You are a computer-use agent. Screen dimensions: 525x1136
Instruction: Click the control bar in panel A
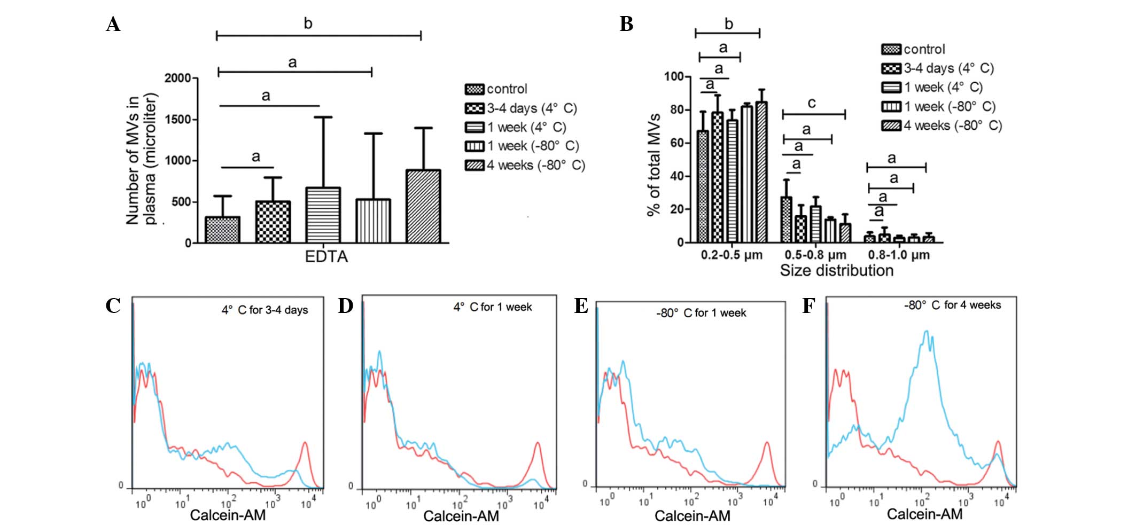tap(222, 230)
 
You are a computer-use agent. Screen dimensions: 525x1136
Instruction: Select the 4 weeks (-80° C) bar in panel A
tap(423, 207)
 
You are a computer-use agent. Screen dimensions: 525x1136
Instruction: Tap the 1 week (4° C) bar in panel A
tap(323, 215)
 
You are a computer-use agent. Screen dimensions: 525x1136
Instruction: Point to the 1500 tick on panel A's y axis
tap(177, 119)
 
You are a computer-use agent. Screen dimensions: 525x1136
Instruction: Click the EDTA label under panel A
tap(326, 257)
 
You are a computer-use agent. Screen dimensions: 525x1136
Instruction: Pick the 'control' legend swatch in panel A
tap(474, 89)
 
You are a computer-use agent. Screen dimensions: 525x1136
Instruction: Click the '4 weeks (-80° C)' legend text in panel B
tap(953, 126)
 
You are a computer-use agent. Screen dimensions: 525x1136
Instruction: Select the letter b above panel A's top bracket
tap(308, 23)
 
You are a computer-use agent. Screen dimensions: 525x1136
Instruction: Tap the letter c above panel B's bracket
tap(812, 103)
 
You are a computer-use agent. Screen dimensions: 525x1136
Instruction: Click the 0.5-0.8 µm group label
tap(815, 255)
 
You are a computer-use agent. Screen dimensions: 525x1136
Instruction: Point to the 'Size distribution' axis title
tap(836, 271)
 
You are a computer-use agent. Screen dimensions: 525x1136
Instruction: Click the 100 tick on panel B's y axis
tap(674, 76)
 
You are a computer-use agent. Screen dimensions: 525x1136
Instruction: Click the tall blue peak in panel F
tap(927, 334)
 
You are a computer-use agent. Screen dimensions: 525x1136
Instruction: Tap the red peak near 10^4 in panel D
tap(538, 444)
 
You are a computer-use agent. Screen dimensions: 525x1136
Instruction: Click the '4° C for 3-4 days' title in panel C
tap(264, 310)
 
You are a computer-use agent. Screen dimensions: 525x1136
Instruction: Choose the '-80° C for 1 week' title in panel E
tap(701, 313)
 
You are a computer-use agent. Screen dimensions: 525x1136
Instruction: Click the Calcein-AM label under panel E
tap(692, 516)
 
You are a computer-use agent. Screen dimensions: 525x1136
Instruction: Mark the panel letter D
tap(345, 306)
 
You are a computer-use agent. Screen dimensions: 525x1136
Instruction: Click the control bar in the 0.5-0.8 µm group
tap(787, 220)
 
